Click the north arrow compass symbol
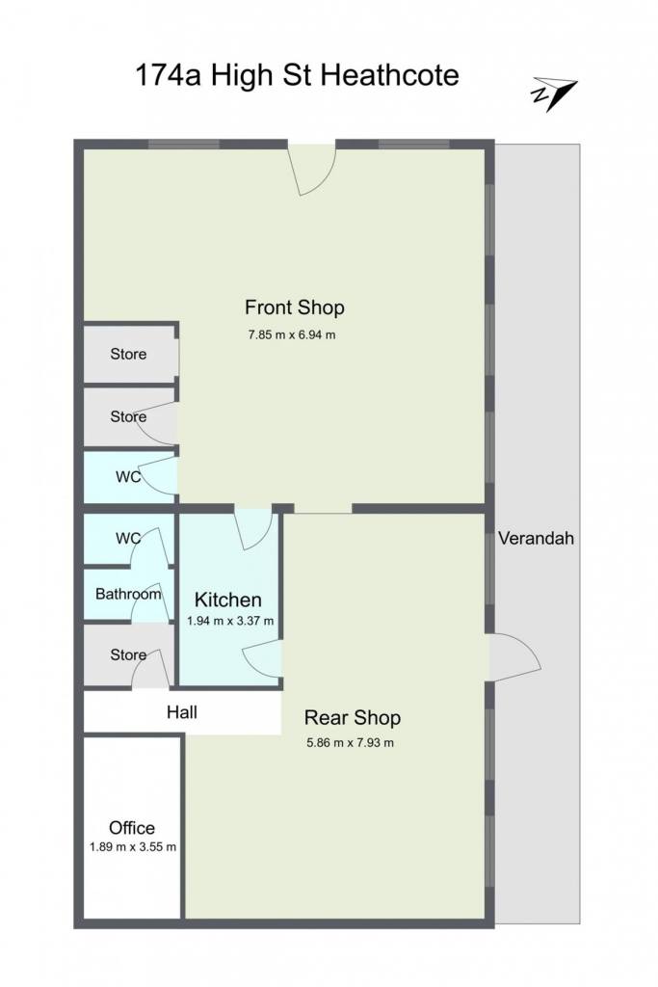pyautogui.click(x=554, y=93)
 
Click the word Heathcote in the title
pyautogui.click(x=390, y=75)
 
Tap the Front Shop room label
pyautogui.click(x=295, y=307)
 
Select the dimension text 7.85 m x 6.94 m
pyautogui.click(x=292, y=334)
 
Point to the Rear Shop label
pyautogui.click(x=353, y=717)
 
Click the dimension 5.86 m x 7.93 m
pyautogui.click(x=351, y=743)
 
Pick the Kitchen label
pyautogui.click(x=227, y=600)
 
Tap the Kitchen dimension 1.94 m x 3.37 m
pyautogui.click(x=230, y=622)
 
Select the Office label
pyautogui.click(x=132, y=828)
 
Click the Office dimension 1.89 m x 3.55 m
pyautogui.click(x=133, y=847)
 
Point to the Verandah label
pyautogui.click(x=536, y=538)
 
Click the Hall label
pyautogui.click(x=182, y=712)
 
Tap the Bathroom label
pyautogui.click(x=128, y=594)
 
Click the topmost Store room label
pyautogui.click(x=128, y=355)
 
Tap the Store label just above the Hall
pyautogui.click(x=128, y=655)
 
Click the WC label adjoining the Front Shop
pyautogui.click(x=128, y=477)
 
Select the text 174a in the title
pyautogui.click(x=169, y=75)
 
